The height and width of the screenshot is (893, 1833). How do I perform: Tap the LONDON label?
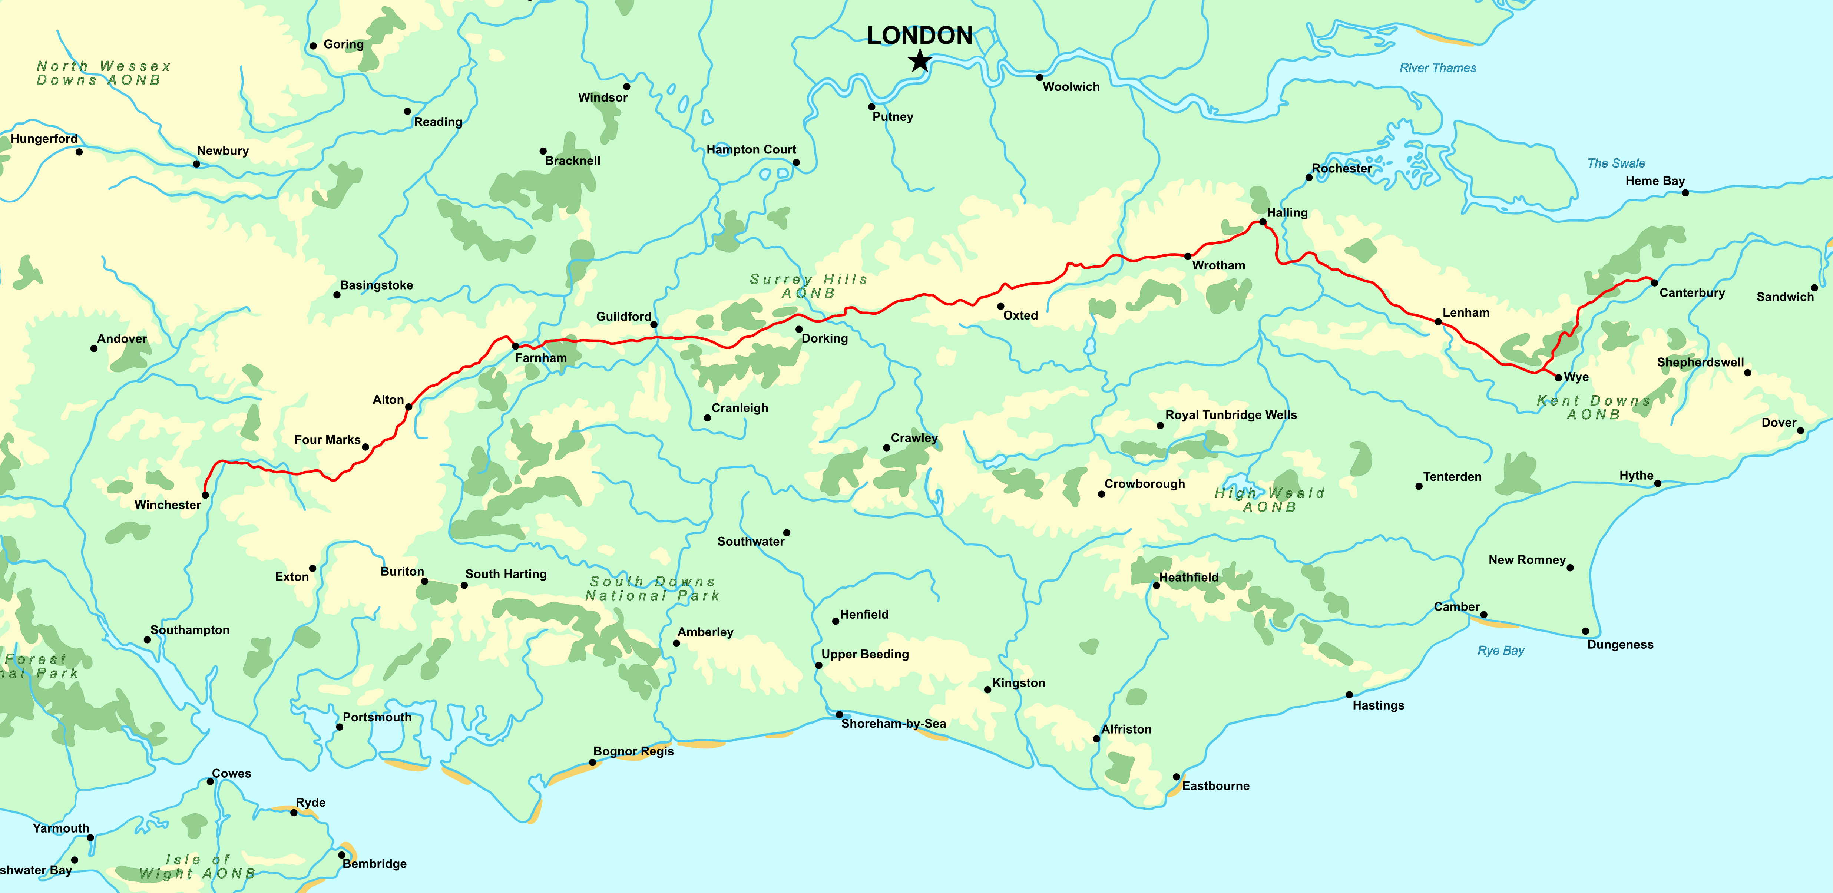tap(919, 36)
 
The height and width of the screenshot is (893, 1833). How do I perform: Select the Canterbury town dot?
tap(1654, 282)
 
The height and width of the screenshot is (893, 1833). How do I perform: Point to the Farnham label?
tap(541, 358)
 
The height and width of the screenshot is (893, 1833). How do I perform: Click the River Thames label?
tap(1437, 68)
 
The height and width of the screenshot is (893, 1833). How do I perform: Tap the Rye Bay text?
tap(1501, 650)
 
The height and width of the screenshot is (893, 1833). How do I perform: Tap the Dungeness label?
tap(1620, 645)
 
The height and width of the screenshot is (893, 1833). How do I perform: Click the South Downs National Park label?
tap(652, 588)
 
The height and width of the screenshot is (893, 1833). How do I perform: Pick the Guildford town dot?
tap(654, 324)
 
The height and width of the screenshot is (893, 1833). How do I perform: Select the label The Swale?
tap(1616, 163)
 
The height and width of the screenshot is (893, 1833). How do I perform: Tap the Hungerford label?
tap(44, 139)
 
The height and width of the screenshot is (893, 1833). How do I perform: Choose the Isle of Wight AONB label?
tap(197, 867)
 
